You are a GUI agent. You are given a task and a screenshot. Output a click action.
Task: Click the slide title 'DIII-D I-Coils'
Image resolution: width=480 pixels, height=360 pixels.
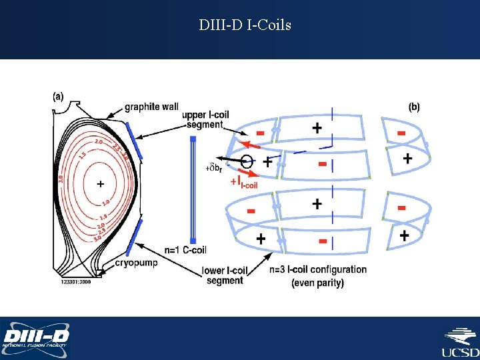245,26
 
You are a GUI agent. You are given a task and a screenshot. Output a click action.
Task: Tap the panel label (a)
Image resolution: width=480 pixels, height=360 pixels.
58,96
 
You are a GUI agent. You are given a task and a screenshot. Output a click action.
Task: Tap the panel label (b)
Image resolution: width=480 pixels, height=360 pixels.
414,107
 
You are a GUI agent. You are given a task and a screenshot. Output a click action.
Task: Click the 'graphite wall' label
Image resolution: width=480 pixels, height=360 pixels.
151,107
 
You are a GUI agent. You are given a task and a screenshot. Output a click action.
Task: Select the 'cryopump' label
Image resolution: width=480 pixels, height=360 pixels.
137,263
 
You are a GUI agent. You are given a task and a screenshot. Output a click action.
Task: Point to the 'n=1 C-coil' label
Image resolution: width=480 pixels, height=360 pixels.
185,250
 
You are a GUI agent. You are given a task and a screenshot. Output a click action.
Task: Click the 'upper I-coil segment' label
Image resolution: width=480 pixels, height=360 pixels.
205,120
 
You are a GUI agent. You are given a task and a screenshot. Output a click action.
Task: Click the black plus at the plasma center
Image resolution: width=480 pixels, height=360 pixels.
101,183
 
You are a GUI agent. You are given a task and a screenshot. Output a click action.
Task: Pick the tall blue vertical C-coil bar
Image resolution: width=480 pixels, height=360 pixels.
193,190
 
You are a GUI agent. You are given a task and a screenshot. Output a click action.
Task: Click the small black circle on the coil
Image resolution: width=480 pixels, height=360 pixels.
246,161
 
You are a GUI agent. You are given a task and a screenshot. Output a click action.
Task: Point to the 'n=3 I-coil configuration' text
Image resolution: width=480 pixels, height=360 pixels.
318,270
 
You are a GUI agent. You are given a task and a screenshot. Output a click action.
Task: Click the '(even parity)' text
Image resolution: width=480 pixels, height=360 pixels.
318,283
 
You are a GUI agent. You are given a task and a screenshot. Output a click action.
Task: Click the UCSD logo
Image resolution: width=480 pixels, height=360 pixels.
460,341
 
